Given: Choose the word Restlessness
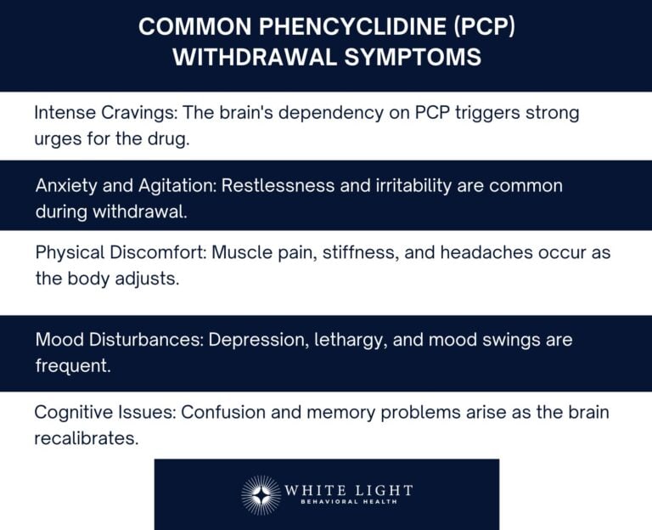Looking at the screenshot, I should click(x=279, y=185).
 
